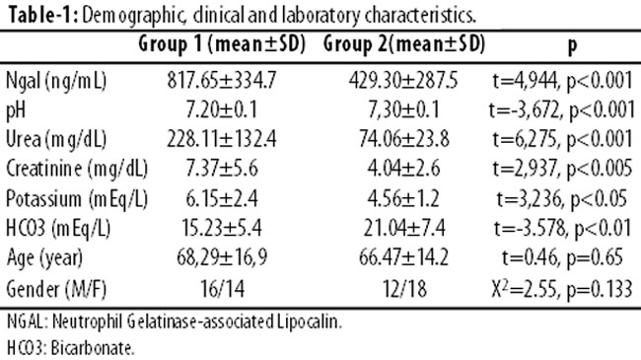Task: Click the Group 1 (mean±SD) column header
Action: (222, 43)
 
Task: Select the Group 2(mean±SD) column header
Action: (404, 43)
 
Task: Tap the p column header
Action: (573, 45)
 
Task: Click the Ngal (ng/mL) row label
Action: (56, 81)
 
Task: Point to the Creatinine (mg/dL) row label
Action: (77, 169)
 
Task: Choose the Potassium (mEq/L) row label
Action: (77, 199)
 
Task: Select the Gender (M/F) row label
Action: (56, 289)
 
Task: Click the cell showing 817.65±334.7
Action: (222, 80)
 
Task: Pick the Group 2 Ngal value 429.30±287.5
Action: (403, 80)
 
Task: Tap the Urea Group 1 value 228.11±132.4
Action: (222, 139)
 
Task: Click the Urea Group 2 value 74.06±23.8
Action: (404, 139)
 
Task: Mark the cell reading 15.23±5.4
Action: (222, 228)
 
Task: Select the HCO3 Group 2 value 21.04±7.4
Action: (404, 228)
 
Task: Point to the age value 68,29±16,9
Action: (222, 257)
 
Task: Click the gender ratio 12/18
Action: (404, 289)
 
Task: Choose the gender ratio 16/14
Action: (223, 289)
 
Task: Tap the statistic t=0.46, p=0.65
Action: (562, 257)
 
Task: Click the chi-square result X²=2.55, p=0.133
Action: (562, 288)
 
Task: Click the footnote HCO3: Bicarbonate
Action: (70, 348)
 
